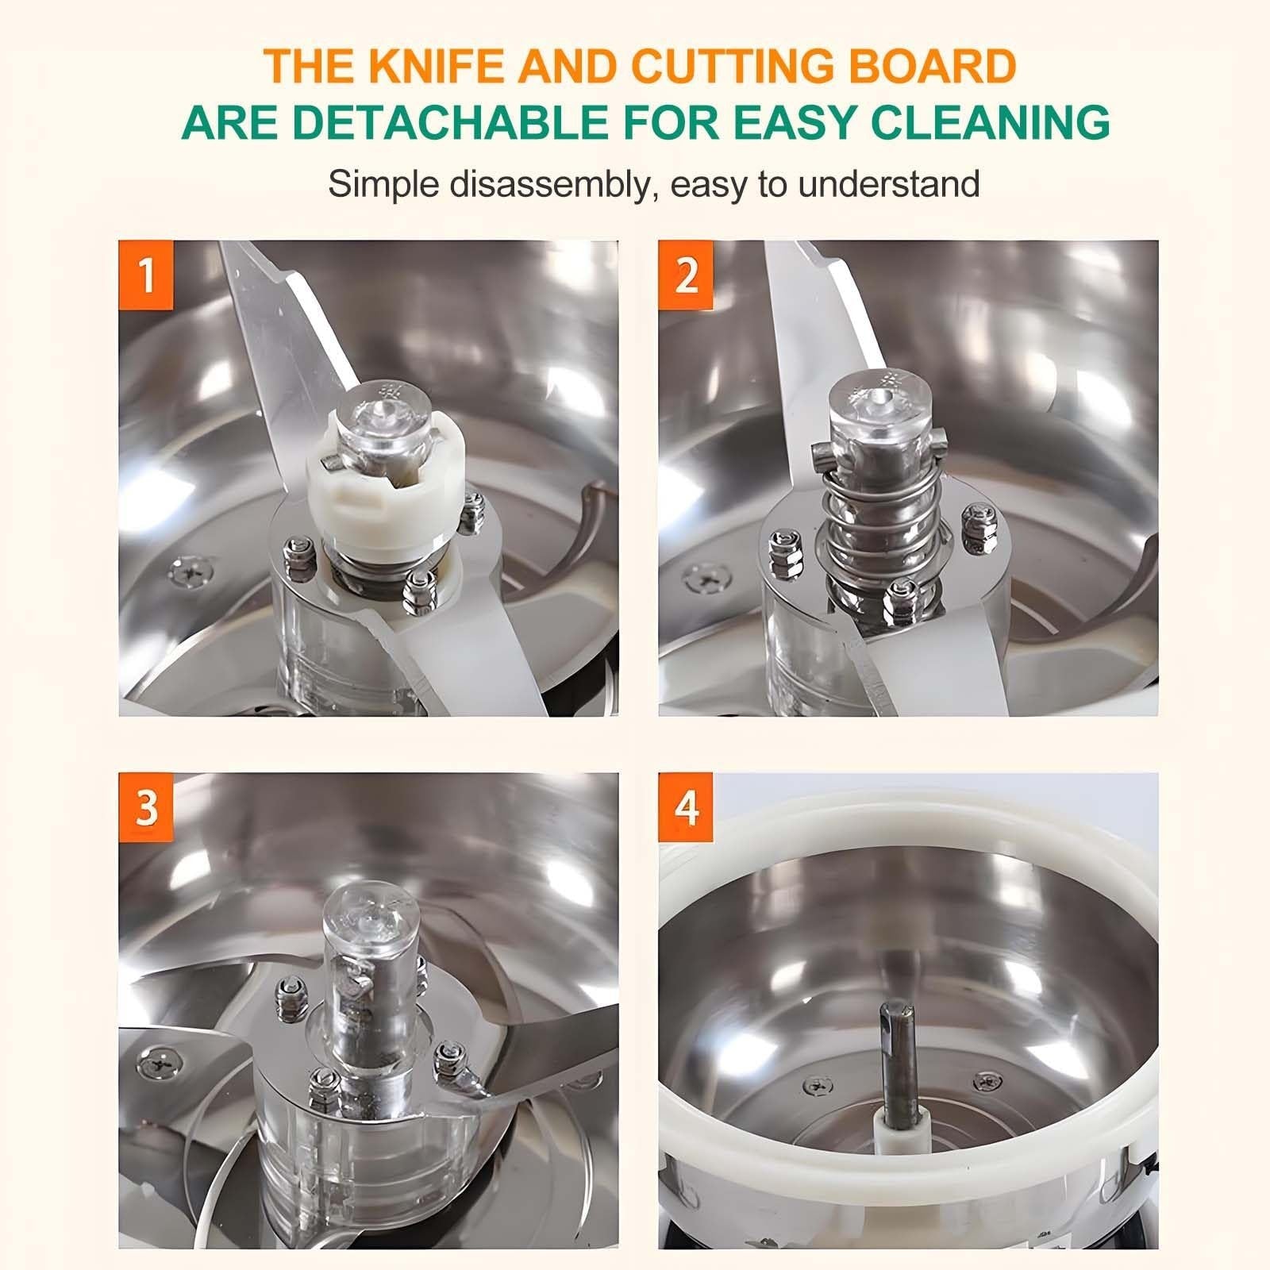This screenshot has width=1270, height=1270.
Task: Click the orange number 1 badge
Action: [x=146, y=275]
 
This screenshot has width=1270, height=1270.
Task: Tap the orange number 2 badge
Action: [x=686, y=275]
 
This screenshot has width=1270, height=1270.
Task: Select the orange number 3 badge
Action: [x=146, y=807]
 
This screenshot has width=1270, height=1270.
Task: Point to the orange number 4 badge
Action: [x=686, y=807]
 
